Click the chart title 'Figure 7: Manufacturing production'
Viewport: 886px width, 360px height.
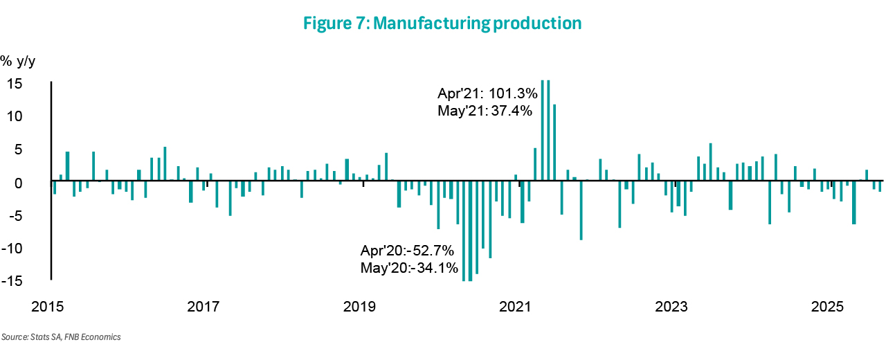(442, 23)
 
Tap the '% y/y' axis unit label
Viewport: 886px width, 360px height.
(18, 62)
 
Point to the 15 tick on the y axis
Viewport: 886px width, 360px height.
(15, 84)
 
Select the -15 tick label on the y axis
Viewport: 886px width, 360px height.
(12, 281)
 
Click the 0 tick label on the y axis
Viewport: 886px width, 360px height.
(18, 183)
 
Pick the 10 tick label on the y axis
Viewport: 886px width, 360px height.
(15, 116)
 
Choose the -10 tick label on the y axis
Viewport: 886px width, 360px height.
(12, 249)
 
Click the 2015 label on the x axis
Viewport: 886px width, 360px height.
(48, 307)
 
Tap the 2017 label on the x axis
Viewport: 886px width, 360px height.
(204, 307)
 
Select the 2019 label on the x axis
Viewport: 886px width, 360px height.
(359, 307)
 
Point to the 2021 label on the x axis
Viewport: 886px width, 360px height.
(515, 307)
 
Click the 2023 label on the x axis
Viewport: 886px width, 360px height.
(671, 307)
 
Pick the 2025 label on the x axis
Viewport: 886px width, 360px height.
(827, 307)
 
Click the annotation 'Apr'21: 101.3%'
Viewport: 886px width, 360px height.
(487, 93)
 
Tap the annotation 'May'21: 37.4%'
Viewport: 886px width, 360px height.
(485, 111)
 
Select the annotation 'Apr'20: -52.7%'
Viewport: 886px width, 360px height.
(407, 251)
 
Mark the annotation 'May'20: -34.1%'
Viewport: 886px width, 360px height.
(409, 268)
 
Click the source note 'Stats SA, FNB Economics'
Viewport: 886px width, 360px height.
(75, 337)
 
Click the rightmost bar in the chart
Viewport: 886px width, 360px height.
(880, 186)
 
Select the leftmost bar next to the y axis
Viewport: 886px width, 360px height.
(55, 188)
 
